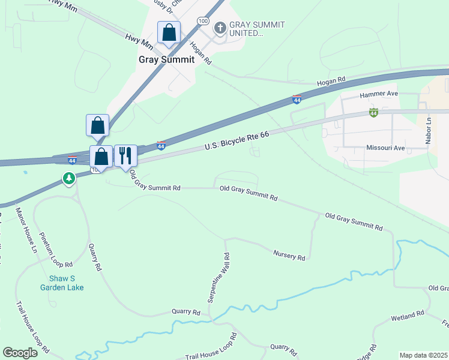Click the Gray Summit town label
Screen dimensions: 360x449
point(166,59)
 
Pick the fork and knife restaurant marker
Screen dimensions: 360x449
point(125,156)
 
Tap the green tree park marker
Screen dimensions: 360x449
point(70,178)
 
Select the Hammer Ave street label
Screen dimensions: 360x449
point(379,95)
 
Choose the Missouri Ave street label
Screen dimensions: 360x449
point(385,148)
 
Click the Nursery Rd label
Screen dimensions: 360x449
point(289,256)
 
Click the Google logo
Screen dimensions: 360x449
point(20,352)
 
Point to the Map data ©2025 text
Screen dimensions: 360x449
point(423,355)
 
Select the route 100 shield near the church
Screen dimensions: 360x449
point(203,22)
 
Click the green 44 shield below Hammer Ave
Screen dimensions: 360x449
point(373,113)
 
